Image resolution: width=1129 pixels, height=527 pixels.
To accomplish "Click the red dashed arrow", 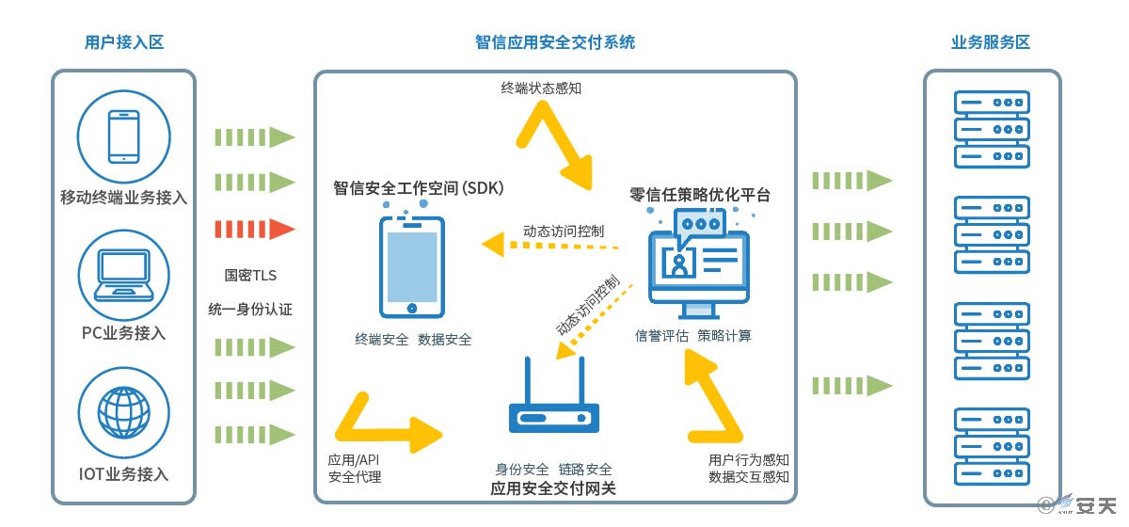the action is (255, 230).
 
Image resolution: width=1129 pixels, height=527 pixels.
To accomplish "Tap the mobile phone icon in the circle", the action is (124, 136).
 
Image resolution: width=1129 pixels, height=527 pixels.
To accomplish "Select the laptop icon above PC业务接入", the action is (124, 275).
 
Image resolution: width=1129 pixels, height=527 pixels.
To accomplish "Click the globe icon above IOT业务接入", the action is (124, 412).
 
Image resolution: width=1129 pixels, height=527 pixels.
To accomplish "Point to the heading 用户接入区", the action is (124, 42).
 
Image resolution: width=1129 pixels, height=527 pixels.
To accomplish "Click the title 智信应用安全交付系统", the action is (555, 42).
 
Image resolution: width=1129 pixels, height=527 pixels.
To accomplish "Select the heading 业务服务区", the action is (991, 42).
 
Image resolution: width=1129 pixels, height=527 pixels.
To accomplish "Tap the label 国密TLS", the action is (250, 276).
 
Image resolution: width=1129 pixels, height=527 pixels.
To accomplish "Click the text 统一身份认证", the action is (250, 309).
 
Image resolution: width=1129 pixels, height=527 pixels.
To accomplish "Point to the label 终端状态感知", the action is (541, 88).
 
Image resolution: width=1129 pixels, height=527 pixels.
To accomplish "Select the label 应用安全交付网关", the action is (553, 488).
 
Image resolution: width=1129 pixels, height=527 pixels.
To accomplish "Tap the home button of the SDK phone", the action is (412, 308).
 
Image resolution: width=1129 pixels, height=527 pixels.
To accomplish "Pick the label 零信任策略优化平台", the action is (700, 195).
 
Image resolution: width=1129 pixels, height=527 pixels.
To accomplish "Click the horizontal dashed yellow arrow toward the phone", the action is (549, 245).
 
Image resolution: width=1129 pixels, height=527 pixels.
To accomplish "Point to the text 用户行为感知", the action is (749, 460).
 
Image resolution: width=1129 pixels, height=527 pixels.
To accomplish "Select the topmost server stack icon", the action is (992, 129).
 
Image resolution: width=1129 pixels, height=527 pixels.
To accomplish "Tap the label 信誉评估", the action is (661, 336).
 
